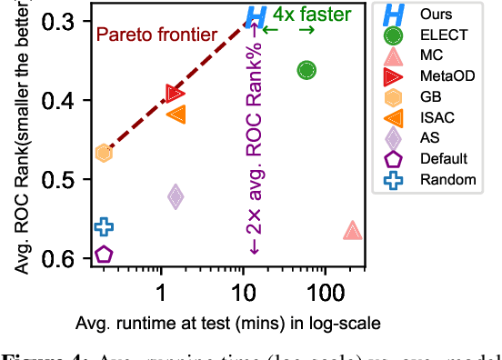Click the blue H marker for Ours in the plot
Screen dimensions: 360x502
257,15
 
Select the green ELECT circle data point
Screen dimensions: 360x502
306,70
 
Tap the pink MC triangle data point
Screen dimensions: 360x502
353,231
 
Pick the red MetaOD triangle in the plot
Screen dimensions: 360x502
176,94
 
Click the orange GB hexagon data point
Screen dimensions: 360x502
104,153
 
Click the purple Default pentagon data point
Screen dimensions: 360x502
104,255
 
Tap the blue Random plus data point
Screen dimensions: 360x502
104,226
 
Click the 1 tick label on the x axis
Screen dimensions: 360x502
162,293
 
